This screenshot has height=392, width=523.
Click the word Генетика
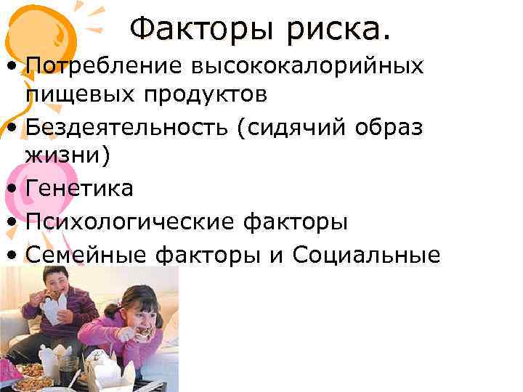pyautogui.click(x=79, y=189)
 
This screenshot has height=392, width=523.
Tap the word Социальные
pyautogui.click(x=366, y=254)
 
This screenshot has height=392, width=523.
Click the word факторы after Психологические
pyautogui.click(x=298, y=221)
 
